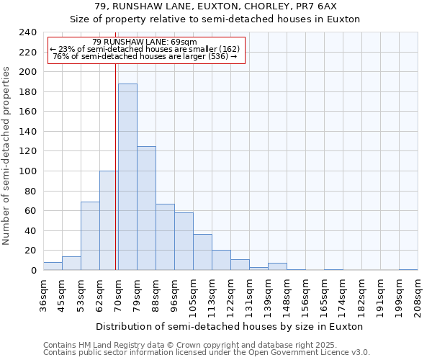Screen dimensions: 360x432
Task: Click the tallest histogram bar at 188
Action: (x=127, y=177)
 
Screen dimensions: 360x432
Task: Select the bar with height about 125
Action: (x=146, y=208)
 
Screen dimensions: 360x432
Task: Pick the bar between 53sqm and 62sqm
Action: (x=90, y=236)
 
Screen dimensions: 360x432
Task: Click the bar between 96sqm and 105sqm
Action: (x=184, y=241)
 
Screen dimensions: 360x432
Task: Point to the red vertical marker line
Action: (x=115, y=166)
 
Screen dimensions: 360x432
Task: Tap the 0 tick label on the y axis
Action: (x=33, y=271)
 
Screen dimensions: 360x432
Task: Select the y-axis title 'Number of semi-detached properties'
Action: (x=7, y=156)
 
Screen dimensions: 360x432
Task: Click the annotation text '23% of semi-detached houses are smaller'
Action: (x=148, y=49)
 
